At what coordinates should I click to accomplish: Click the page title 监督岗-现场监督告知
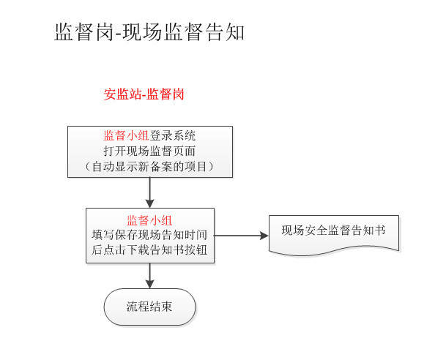coord(149,32)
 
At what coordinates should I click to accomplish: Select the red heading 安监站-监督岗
coord(144,94)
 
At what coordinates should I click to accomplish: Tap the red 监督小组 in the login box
coord(126,136)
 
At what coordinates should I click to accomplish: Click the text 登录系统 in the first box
coord(173,136)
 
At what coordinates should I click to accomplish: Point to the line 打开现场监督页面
coord(149,151)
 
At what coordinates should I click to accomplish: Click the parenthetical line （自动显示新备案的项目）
coord(149,167)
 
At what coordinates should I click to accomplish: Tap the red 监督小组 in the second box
coord(149,220)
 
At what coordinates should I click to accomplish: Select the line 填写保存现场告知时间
coord(149,235)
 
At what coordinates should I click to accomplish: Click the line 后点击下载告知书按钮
coord(149,250)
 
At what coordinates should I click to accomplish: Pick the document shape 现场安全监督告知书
coord(334,235)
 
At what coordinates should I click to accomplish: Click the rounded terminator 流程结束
coord(150,307)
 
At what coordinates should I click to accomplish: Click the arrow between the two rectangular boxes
coord(150,192)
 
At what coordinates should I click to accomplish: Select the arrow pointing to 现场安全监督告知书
coord(242,236)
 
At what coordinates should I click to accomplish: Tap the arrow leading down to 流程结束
coord(150,276)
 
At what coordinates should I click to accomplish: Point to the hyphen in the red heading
coord(144,95)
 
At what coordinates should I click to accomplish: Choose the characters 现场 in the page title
coord(142,32)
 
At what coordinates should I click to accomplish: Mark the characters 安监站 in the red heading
coord(122,94)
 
